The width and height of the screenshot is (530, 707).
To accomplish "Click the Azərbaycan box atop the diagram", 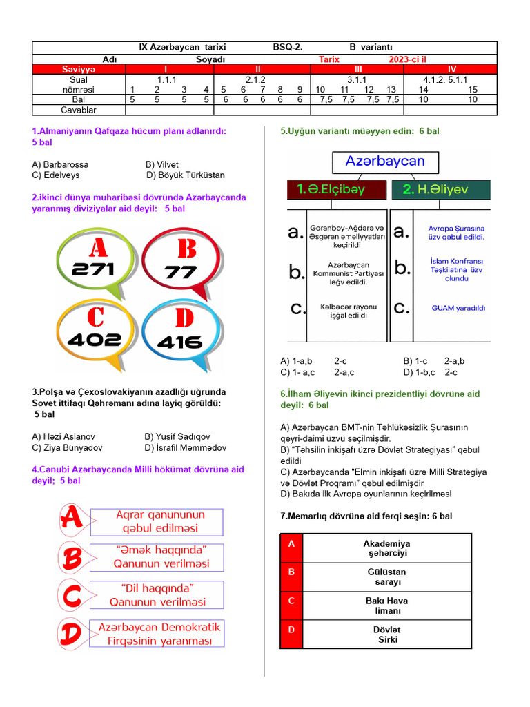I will (384, 162).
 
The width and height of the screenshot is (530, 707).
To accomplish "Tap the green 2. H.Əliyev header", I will (441, 190).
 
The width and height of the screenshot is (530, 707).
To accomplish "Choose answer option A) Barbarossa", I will (60, 164).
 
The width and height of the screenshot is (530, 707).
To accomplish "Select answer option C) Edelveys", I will (55, 175).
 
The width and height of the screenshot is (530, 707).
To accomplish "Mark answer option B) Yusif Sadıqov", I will (177, 437).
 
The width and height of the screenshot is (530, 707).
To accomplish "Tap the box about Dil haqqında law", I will (157, 595).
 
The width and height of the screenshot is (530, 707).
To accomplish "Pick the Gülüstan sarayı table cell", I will (387, 577).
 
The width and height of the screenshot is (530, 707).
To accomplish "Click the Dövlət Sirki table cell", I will (387, 635).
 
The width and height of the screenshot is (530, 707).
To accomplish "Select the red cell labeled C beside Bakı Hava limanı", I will (291, 601).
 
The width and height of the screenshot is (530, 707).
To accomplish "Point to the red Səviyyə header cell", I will (79, 69).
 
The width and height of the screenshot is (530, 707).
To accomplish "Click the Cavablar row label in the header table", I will (79, 110).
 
